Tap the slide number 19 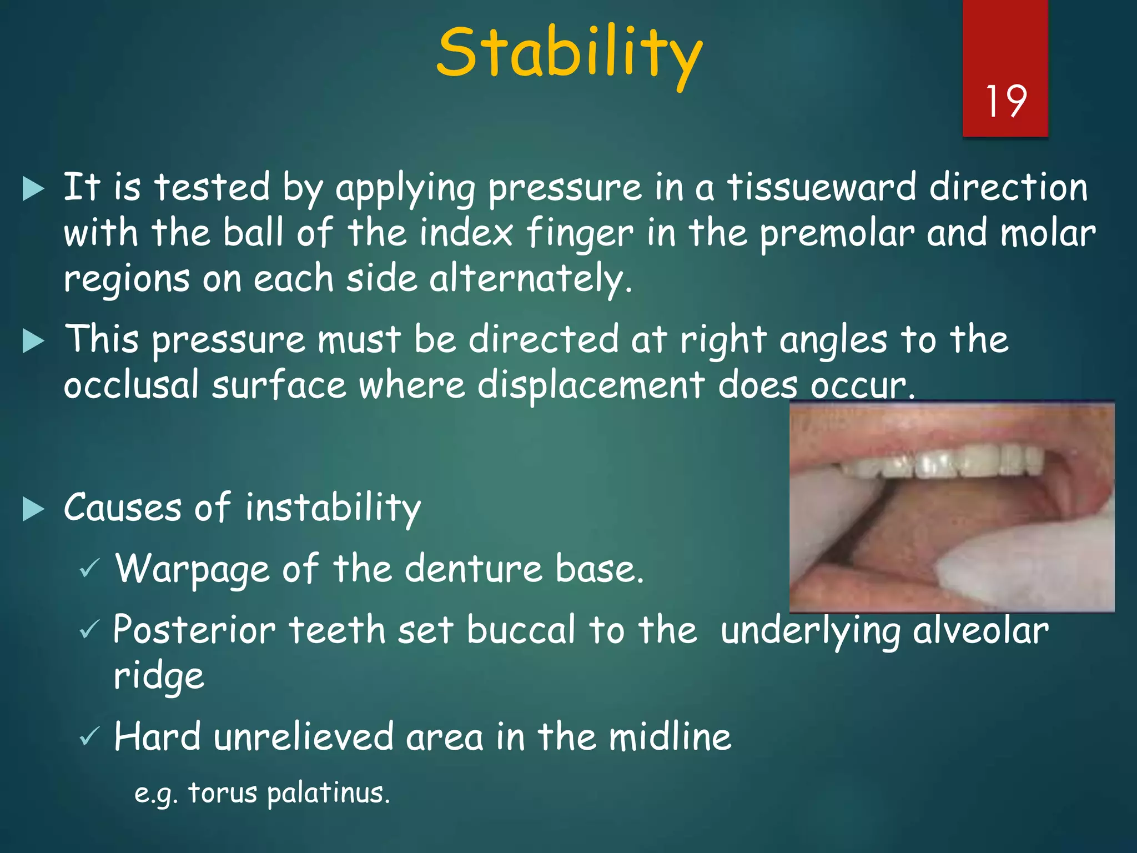tap(1005, 102)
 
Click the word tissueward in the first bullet tap(822, 187)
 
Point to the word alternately tap(530, 279)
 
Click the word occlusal tap(131, 385)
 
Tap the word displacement tap(591, 385)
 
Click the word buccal tap(521, 631)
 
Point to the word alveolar tap(980, 631)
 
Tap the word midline tap(670, 737)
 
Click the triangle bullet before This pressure tap(33, 340)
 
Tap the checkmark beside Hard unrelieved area tap(89, 737)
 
